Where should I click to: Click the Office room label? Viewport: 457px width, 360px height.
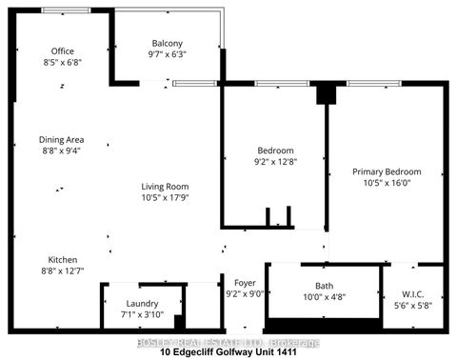click(63, 51)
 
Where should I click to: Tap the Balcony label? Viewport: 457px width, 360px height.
click(168, 44)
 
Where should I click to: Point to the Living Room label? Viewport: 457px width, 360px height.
click(165, 187)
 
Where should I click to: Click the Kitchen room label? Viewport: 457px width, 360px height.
click(63, 260)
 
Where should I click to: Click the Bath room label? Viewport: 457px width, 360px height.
click(325, 286)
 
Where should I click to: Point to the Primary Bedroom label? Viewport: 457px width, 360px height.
click(387, 172)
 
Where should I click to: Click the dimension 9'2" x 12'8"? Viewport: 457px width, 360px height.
click(275, 163)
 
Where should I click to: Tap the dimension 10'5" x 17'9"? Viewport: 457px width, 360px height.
click(165, 198)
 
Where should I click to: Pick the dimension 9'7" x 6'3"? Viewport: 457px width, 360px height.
click(168, 55)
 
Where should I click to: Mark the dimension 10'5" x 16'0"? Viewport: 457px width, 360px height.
click(387, 184)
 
